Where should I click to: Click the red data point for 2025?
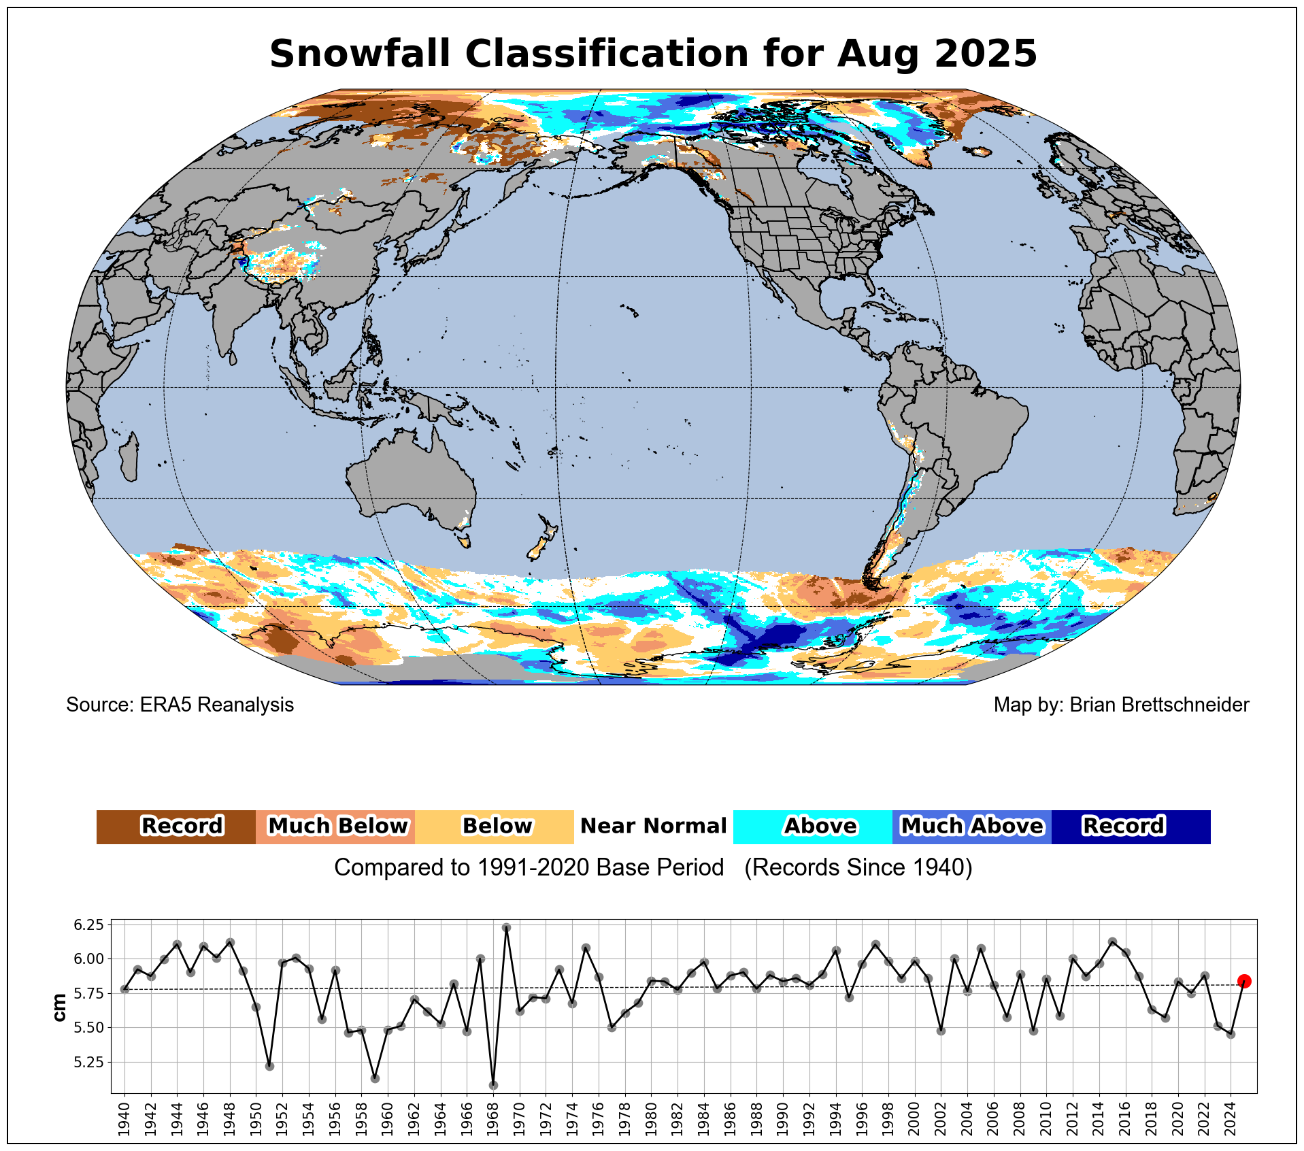point(1243,981)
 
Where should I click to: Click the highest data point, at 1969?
point(506,927)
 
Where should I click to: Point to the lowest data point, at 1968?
point(493,1085)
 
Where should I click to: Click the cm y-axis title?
point(60,1007)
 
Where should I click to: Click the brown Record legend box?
point(176,827)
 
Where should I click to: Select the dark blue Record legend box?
point(1131,827)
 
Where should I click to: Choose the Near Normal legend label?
point(653,827)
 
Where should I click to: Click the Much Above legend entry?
point(971,827)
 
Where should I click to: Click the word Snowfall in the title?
point(359,54)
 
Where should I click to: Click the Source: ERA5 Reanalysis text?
point(180,705)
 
